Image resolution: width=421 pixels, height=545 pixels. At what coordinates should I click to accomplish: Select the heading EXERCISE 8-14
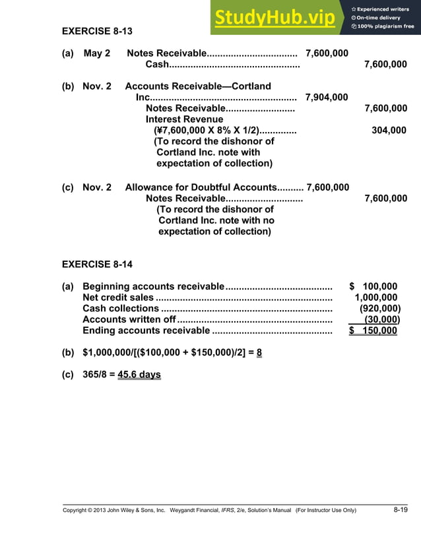tap(97, 265)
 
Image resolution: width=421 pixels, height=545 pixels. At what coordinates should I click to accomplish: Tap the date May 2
tap(97, 53)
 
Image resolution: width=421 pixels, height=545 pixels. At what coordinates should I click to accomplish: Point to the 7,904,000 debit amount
tap(327, 98)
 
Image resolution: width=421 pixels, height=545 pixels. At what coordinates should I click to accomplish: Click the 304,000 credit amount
tap(389, 131)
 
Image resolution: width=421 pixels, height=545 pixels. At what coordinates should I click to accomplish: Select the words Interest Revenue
tap(185, 119)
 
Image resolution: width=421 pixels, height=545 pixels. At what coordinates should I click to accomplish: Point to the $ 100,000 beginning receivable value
tap(373, 286)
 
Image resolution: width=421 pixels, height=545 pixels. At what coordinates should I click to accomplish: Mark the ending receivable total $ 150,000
tap(373, 331)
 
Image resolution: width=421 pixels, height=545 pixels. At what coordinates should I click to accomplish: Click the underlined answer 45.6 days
tap(139, 375)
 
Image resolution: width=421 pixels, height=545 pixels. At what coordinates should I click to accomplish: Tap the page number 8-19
tap(401, 510)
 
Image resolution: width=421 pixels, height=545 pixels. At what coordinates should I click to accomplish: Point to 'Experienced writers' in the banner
tap(384, 9)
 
